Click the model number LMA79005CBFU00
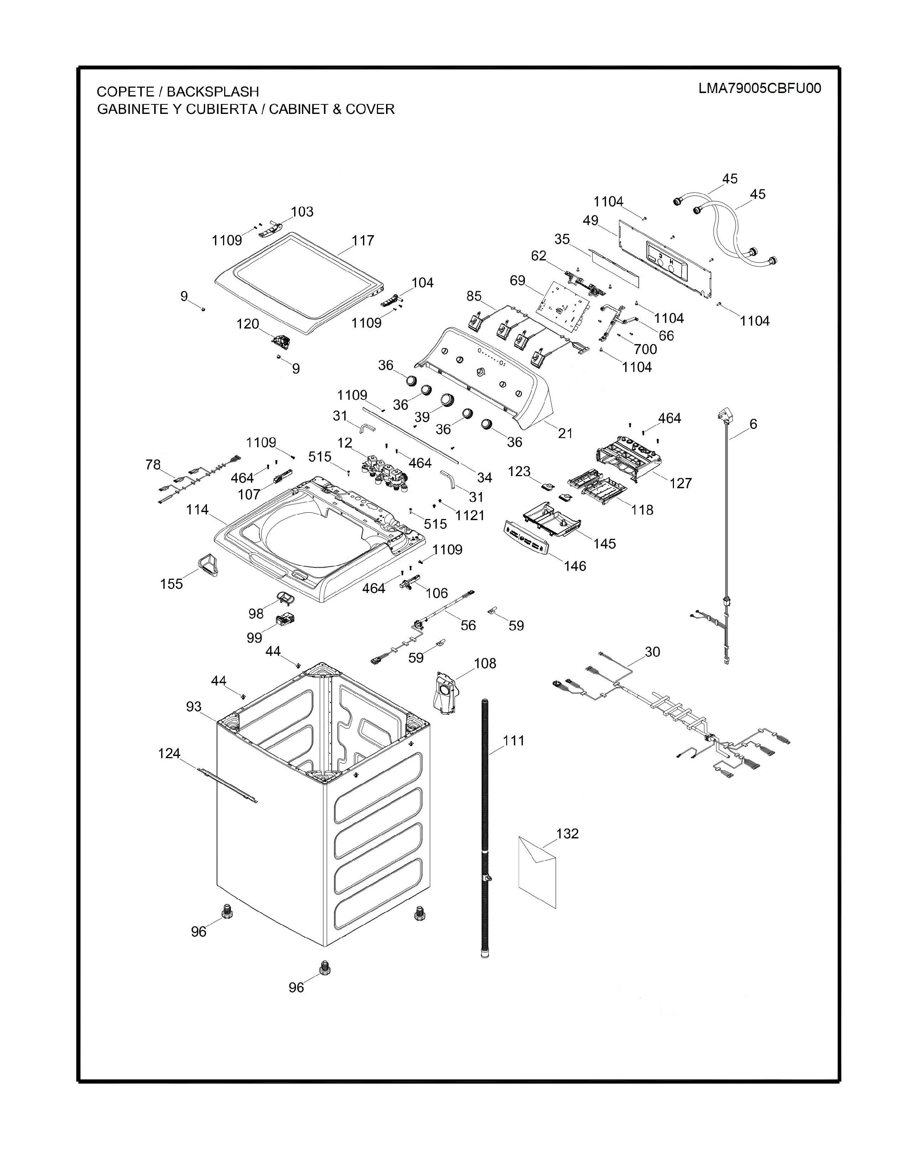[760, 89]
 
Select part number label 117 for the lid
[363, 241]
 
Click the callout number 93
[194, 707]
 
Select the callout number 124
[169, 753]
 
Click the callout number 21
[565, 433]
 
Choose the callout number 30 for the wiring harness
[652, 652]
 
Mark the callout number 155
[171, 584]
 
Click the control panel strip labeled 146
[527, 538]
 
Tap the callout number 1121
[470, 515]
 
